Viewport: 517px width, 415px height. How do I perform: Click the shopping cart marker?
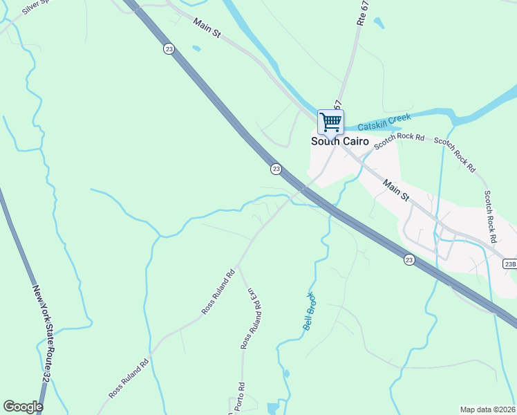coord(330,122)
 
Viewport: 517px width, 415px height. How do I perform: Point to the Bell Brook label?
coord(310,311)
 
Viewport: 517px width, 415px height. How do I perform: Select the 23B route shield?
coord(510,264)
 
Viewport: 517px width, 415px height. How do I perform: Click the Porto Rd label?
coord(236,398)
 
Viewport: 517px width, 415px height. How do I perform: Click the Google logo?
coord(23,407)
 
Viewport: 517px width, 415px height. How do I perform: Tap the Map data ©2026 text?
coord(488,409)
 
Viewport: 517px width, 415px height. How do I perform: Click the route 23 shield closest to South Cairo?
coord(276,169)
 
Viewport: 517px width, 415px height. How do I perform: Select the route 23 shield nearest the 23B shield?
coord(409,259)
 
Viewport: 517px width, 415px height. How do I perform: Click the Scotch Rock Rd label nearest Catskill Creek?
coord(399,140)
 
